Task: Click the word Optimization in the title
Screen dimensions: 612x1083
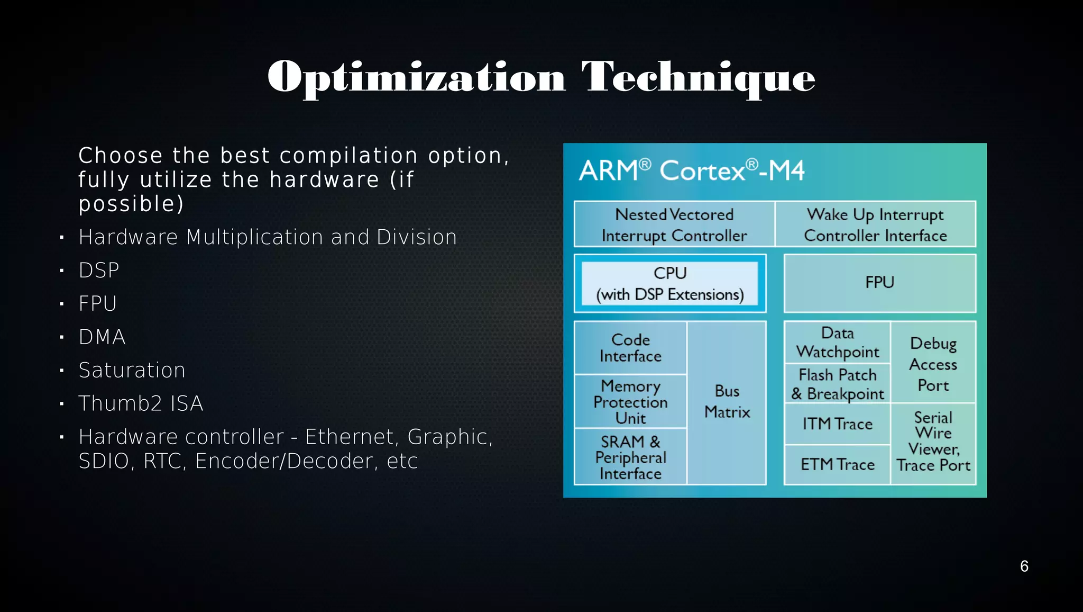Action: (416, 77)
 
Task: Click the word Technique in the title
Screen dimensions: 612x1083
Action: (698, 77)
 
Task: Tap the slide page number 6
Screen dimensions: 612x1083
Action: (1024, 566)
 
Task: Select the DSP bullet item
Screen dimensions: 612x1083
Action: (99, 271)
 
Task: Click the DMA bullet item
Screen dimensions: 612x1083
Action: (102, 337)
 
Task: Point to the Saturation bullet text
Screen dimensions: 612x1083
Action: (132, 370)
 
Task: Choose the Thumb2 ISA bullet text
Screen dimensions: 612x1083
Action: (141, 403)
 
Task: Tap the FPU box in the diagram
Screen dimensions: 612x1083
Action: (879, 283)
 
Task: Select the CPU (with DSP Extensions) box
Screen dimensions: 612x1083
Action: (669, 284)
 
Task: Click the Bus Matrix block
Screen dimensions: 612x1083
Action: (727, 402)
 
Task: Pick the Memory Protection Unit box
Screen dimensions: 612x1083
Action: (630, 402)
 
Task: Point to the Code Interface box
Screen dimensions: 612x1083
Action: (630, 348)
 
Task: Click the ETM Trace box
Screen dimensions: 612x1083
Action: (837, 465)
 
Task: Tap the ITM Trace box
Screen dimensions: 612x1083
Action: (837, 424)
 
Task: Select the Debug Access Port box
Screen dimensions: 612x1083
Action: (933, 364)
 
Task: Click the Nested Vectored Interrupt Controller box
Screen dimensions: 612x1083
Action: (674, 224)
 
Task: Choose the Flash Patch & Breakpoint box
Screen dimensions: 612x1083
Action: (837, 384)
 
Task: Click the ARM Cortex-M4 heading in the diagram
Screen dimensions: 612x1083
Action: (691, 171)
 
